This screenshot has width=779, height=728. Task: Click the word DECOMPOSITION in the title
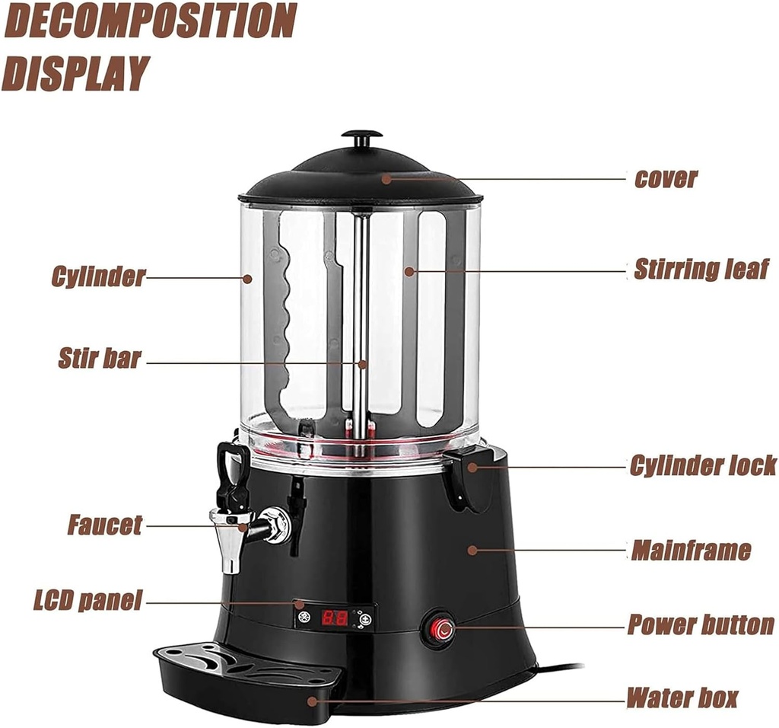150,21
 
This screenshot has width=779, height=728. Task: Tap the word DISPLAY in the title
75,73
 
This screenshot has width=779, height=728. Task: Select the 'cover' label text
666,179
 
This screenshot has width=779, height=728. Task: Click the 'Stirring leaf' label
701,269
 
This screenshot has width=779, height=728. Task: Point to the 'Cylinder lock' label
703,465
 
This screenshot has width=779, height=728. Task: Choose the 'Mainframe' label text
691,550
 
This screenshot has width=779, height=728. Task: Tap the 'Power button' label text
701,625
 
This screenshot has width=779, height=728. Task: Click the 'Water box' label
682,697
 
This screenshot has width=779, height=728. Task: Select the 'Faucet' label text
104,525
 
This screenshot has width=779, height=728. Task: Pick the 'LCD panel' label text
87,601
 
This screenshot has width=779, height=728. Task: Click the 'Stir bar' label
100,359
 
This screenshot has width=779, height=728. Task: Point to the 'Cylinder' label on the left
97,276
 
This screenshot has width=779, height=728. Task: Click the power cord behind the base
559,667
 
